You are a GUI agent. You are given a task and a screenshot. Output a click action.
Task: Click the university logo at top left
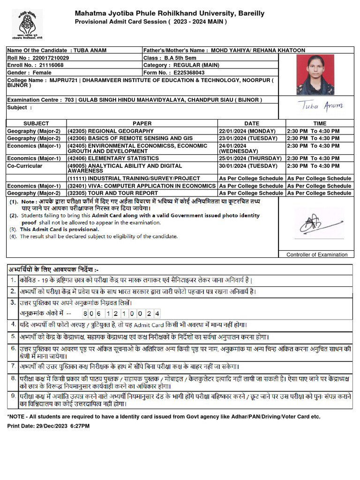click(x=27, y=23)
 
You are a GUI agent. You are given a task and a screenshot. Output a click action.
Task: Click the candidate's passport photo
click(x=315, y=75)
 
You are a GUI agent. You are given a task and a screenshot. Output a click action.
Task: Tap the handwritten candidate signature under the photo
click(x=321, y=106)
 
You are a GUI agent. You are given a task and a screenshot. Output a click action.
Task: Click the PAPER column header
click(x=142, y=123)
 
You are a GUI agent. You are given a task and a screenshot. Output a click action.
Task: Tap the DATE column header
click(x=251, y=123)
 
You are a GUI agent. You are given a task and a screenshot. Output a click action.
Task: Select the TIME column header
click(x=320, y=123)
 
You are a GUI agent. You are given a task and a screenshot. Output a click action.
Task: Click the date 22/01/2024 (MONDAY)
click(x=248, y=131)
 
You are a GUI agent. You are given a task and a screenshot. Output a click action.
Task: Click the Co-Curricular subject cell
click(x=24, y=166)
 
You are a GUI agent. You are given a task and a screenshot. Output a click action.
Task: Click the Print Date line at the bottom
click(x=48, y=426)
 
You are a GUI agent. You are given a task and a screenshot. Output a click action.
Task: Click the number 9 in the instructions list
click(x=13, y=396)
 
